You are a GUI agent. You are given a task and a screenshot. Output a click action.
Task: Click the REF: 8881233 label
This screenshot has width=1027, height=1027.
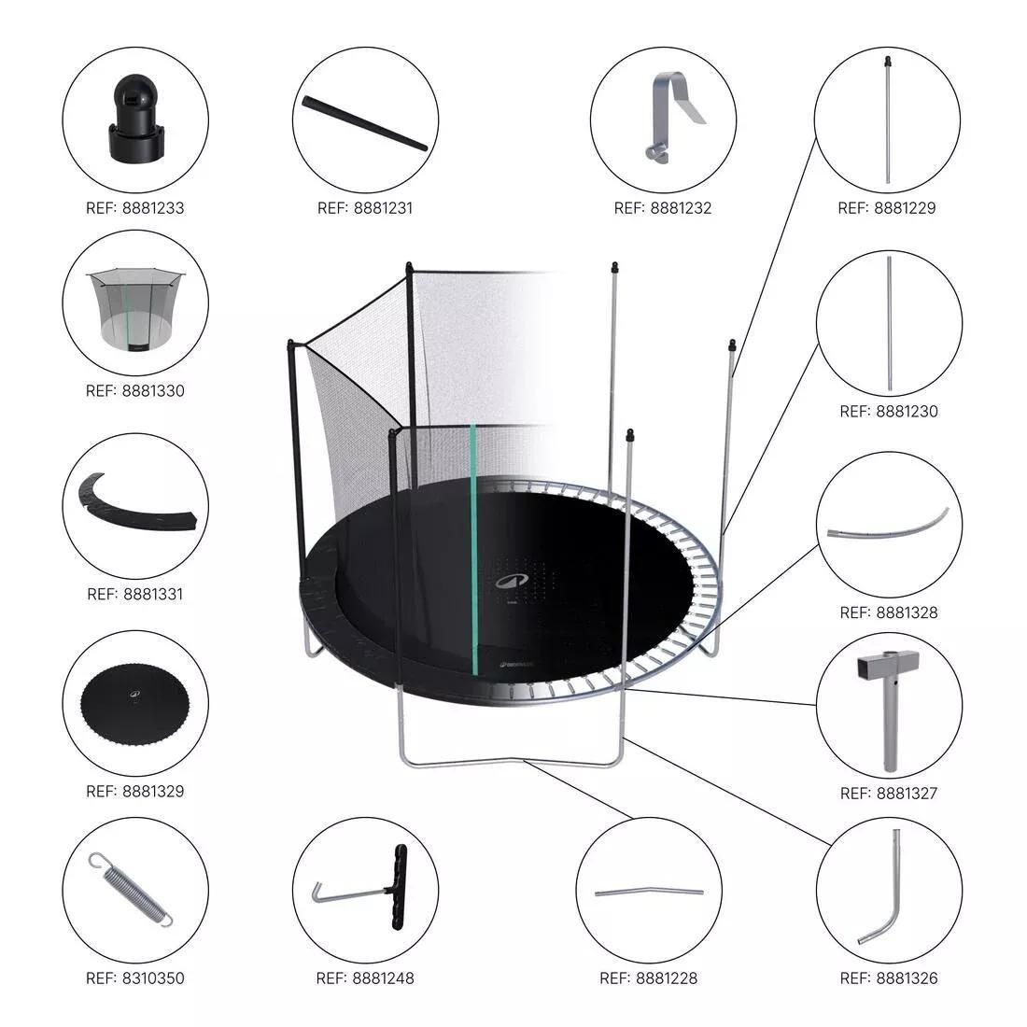click(135, 207)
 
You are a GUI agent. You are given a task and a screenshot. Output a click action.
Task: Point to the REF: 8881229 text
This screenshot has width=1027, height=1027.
click(887, 207)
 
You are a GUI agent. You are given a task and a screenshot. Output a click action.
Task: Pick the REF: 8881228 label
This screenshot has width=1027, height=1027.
click(648, 978)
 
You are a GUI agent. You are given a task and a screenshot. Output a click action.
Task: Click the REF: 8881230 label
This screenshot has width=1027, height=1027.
click(888, 411)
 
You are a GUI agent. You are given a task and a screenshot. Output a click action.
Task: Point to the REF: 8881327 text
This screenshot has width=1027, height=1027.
click(888, 793)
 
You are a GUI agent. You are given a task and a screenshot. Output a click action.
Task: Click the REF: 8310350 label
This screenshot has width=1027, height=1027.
click(135, 978)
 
